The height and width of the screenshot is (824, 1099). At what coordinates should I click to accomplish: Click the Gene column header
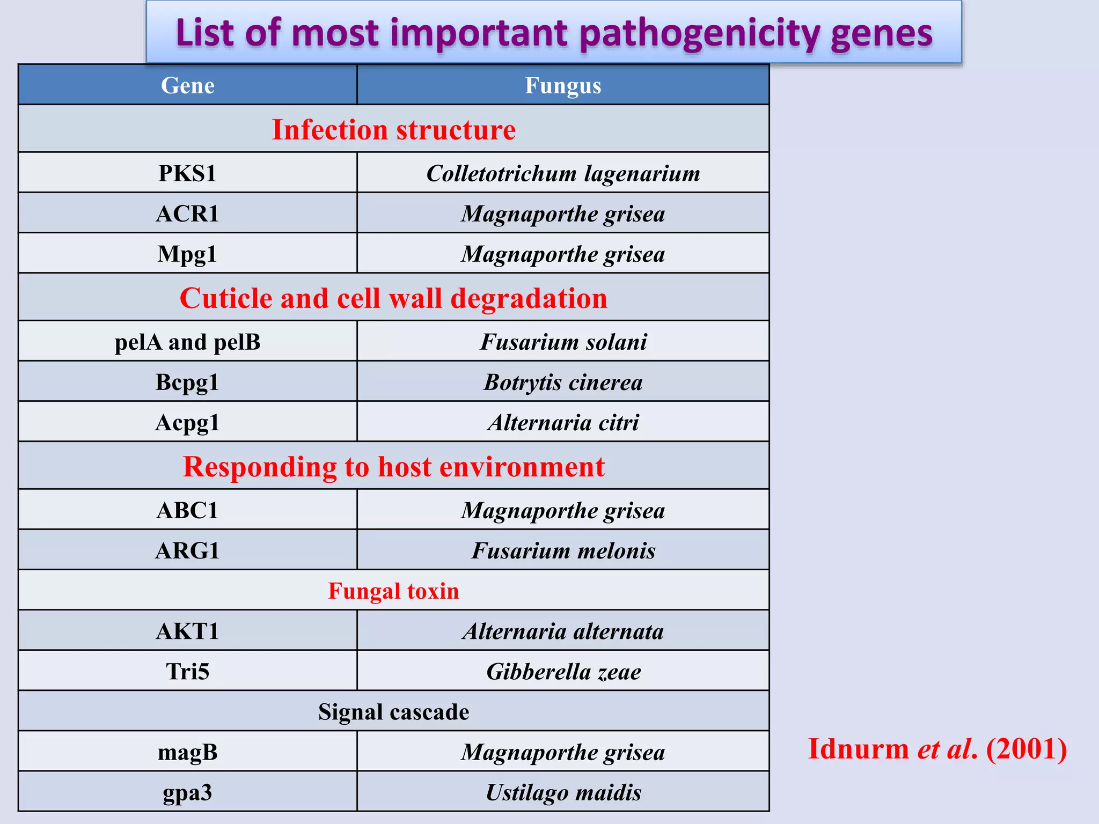[x=187, y=85]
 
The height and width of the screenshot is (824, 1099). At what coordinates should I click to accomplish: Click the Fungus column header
[x=562, y=85]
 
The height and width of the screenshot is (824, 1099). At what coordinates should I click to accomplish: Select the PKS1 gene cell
[x=187, y=173]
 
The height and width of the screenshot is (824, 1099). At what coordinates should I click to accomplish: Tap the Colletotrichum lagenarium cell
[x=562, y=173]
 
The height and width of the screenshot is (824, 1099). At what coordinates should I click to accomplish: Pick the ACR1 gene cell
[x=187, y=214]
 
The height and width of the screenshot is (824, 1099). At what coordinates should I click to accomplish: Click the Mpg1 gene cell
[x=187, y=254]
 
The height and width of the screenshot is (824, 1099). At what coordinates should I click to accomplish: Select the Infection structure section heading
[x=393, y=130]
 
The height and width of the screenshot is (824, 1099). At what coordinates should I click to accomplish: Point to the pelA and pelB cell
[x=187, y=342]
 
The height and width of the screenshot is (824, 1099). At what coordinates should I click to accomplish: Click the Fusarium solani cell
[x=562, y=342]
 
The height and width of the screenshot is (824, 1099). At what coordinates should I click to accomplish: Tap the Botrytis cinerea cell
[x=562, y=382]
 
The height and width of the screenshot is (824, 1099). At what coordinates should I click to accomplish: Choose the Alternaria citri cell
[x=562, y=422]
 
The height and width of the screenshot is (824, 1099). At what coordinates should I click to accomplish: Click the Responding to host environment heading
[x=393, y=466]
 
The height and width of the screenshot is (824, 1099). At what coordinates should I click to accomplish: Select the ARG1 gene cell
[x=187, y=550]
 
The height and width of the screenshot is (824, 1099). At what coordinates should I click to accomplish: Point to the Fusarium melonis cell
[x=562, y=550]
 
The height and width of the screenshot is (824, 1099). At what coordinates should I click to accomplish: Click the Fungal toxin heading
[x=393, y=591]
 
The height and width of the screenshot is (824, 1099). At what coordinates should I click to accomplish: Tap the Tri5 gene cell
[x=187, y=671]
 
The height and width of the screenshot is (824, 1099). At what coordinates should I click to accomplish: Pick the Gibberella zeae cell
[x=562, y=671]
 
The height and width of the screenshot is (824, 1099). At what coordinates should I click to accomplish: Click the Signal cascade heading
[x=393, y=711]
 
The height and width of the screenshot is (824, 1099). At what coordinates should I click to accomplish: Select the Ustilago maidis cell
[x=562, y=792]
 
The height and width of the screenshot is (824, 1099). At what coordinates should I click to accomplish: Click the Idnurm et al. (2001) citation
[x=937, y=748]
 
